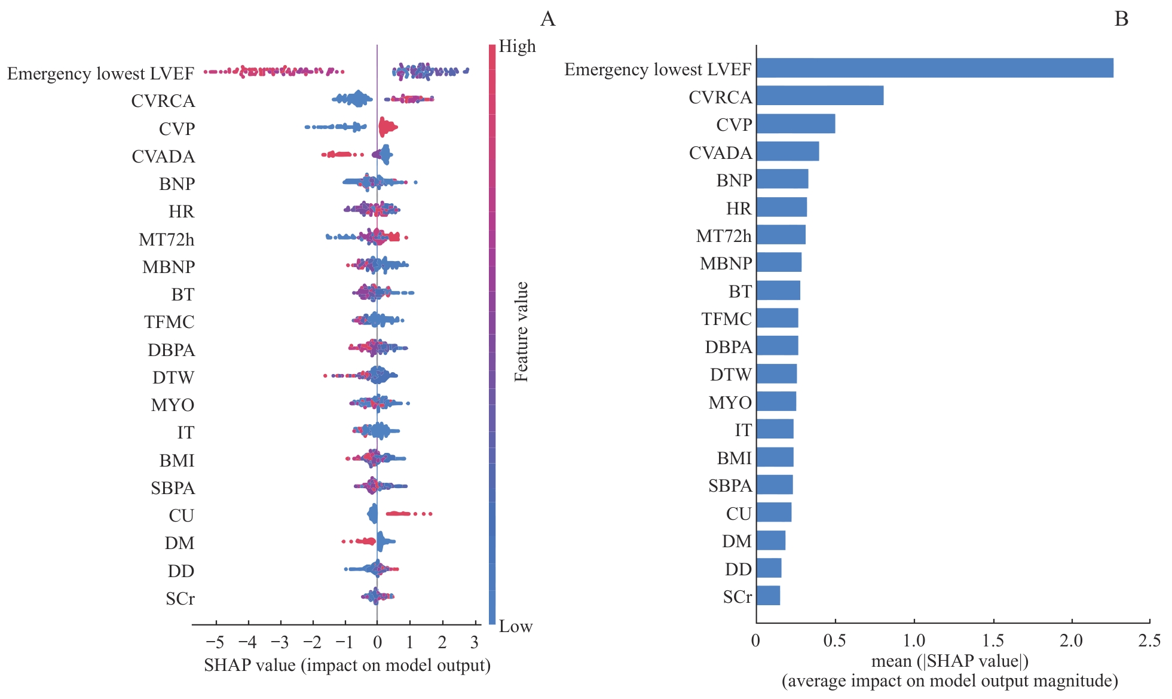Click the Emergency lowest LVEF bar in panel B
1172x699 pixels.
[934, 68]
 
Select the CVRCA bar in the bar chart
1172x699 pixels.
[819, 96]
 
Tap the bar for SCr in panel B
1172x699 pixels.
[768, 596]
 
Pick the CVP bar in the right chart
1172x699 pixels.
[795, 124]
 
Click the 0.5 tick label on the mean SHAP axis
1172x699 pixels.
[834, 641]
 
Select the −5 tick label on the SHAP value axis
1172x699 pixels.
[215, 642]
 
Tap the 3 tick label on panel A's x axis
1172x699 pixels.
[475, 642]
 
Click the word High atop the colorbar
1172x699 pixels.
[517, 47]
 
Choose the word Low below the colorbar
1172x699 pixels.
[515, 626]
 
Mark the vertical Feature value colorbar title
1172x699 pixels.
[521, 332]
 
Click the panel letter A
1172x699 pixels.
[547, 19]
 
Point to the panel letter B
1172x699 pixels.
[1121, 19]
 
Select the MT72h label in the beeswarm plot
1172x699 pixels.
[166, 240]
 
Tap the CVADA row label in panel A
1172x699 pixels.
[163, 157]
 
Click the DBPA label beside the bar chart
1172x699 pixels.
[728, 347]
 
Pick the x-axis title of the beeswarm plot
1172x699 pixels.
[347, 666]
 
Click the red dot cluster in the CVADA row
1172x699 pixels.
[339, 155]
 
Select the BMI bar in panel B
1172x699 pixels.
[775, 457]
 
